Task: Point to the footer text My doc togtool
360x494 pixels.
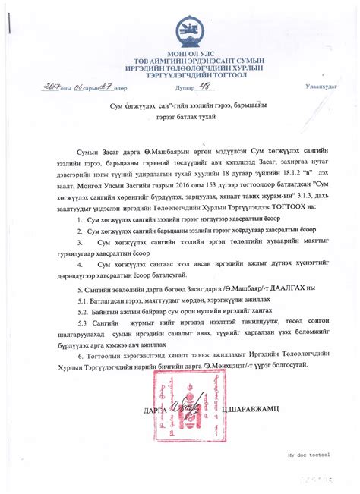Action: point(308,454)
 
